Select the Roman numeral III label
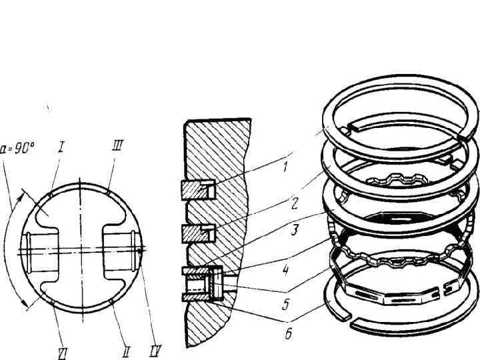coord(118,147)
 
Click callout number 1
coord(285,167)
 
